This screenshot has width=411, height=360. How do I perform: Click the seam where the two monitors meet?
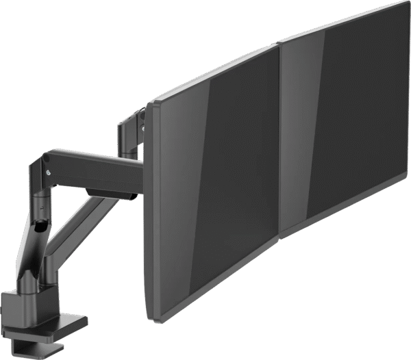280,137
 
